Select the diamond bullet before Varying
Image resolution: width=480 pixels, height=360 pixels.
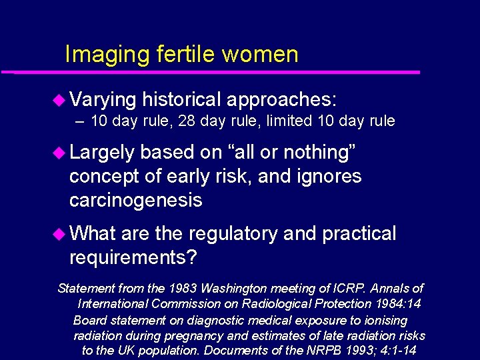click(x=59, y=101)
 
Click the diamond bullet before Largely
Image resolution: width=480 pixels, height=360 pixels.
click(x=59, y=153)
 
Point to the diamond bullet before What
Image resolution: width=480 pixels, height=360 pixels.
click(x=59, y=234)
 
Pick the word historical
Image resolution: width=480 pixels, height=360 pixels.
click(x=181, y=100)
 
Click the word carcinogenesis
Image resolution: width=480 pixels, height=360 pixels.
click(x=135, y=201)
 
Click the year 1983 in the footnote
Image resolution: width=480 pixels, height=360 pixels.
click(x=182, y=289)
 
